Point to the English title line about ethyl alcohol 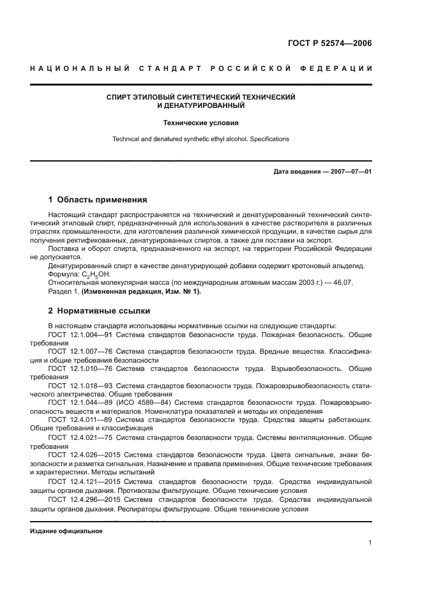coord(200,139)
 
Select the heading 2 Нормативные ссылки coord(99,311)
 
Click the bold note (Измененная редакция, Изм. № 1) coord(141,291)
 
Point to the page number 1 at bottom coord(370,543)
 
